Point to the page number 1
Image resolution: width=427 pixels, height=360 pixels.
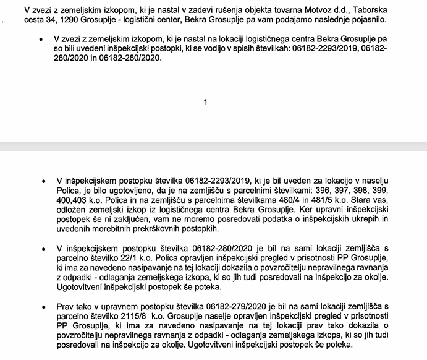point(205,102)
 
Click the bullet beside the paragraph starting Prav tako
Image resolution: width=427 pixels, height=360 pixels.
point(42,307)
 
